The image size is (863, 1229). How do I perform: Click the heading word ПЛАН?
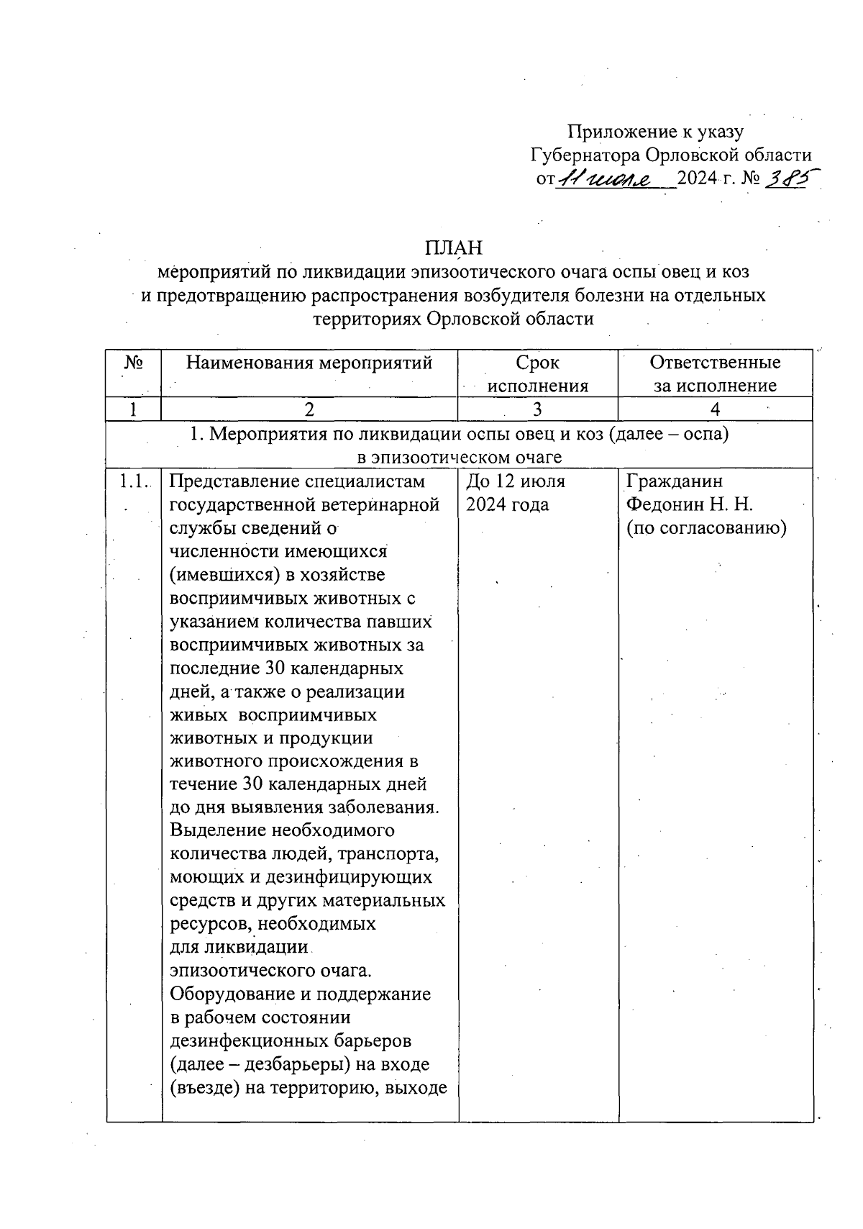pos(453,248)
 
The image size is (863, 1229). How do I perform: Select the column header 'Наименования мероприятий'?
pos(309,363)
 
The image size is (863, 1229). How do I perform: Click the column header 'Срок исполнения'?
pos(538,374)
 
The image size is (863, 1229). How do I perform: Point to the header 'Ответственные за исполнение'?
pos(715,374)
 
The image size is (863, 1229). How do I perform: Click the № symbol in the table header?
pos(134,363)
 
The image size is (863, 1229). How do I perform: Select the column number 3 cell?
pos(537,409)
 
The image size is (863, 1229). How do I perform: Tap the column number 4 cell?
pos(715,409)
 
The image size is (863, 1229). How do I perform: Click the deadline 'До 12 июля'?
pos(516,481)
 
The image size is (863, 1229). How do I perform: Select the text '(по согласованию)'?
pos(706,528)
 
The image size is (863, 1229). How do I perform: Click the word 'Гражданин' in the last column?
pos(675,481)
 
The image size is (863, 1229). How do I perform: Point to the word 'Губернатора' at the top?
pos(585,155)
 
